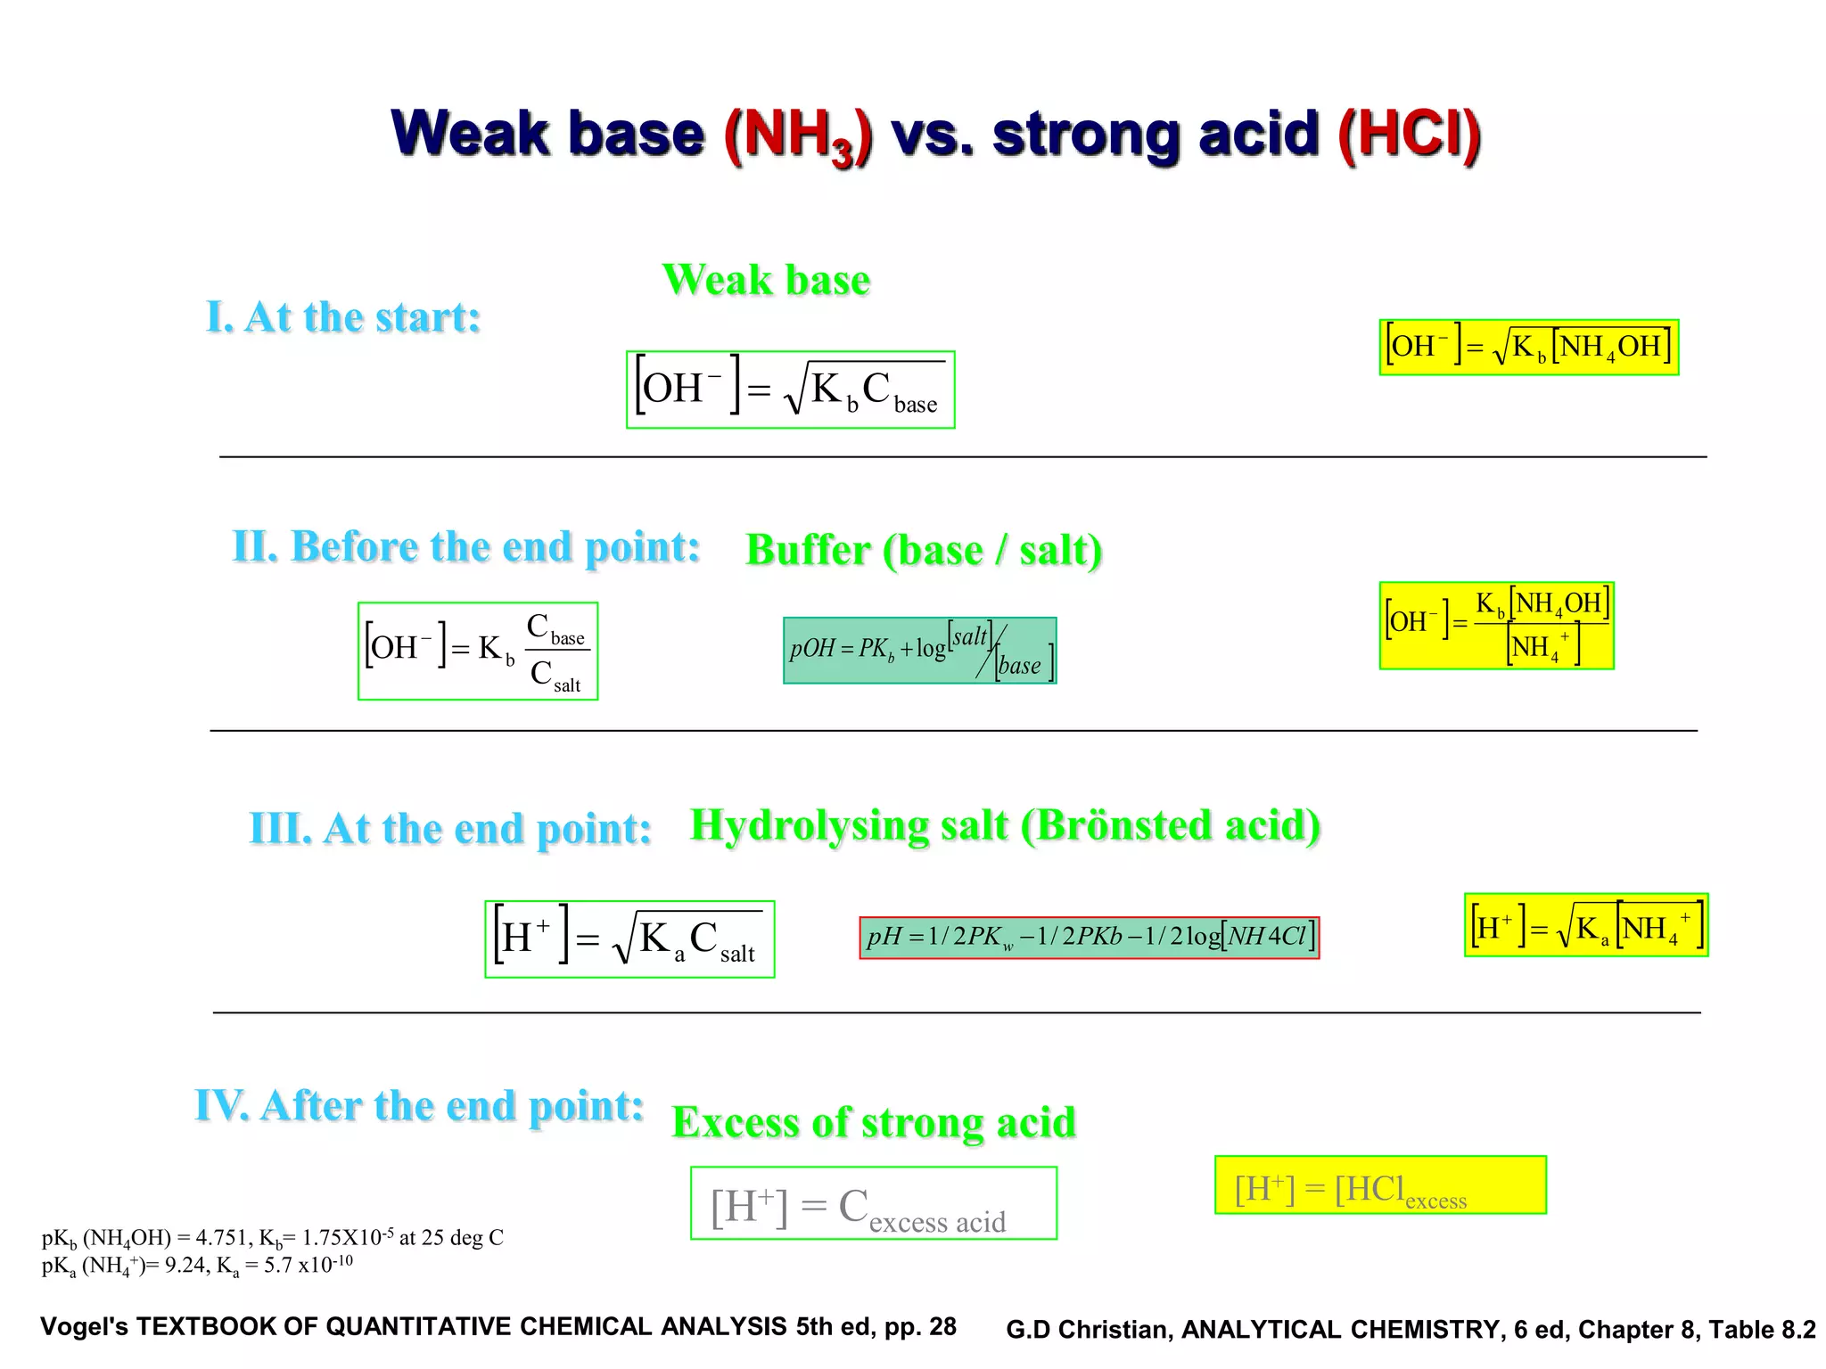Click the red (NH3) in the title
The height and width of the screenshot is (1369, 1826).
(x=798, y=136)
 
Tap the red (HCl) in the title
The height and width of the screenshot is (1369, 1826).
(x=1409, y=136)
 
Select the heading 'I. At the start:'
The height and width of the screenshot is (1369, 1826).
(x=343, y=317)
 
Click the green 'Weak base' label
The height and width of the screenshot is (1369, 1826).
(x=766, y=280)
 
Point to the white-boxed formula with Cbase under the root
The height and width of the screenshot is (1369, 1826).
(x=790, y=389)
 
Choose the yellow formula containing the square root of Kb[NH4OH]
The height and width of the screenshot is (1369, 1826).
(x=1528, y=347)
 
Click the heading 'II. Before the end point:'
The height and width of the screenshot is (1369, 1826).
(x=465, y=546)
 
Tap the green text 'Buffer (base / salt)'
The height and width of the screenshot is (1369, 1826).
(x=924, y=550)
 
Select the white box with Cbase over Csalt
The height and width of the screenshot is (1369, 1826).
(x=478, y=651)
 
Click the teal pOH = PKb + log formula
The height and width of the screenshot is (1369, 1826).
(x=919, y=651)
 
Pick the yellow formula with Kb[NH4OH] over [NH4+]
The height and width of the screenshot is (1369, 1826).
(x=1496, y=625)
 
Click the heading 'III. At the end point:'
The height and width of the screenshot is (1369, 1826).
(x=450, y=829)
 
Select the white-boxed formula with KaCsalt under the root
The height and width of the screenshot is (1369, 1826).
(x=629, y=939)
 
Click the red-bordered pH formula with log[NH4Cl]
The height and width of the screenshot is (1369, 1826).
(x=1089, y=937)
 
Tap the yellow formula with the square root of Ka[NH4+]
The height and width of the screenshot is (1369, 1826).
(x=1585, y=925)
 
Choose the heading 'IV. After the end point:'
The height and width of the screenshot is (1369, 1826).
(x=419, y=1106)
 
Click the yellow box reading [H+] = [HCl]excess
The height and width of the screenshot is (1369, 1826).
(x=1379, y=1185)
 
